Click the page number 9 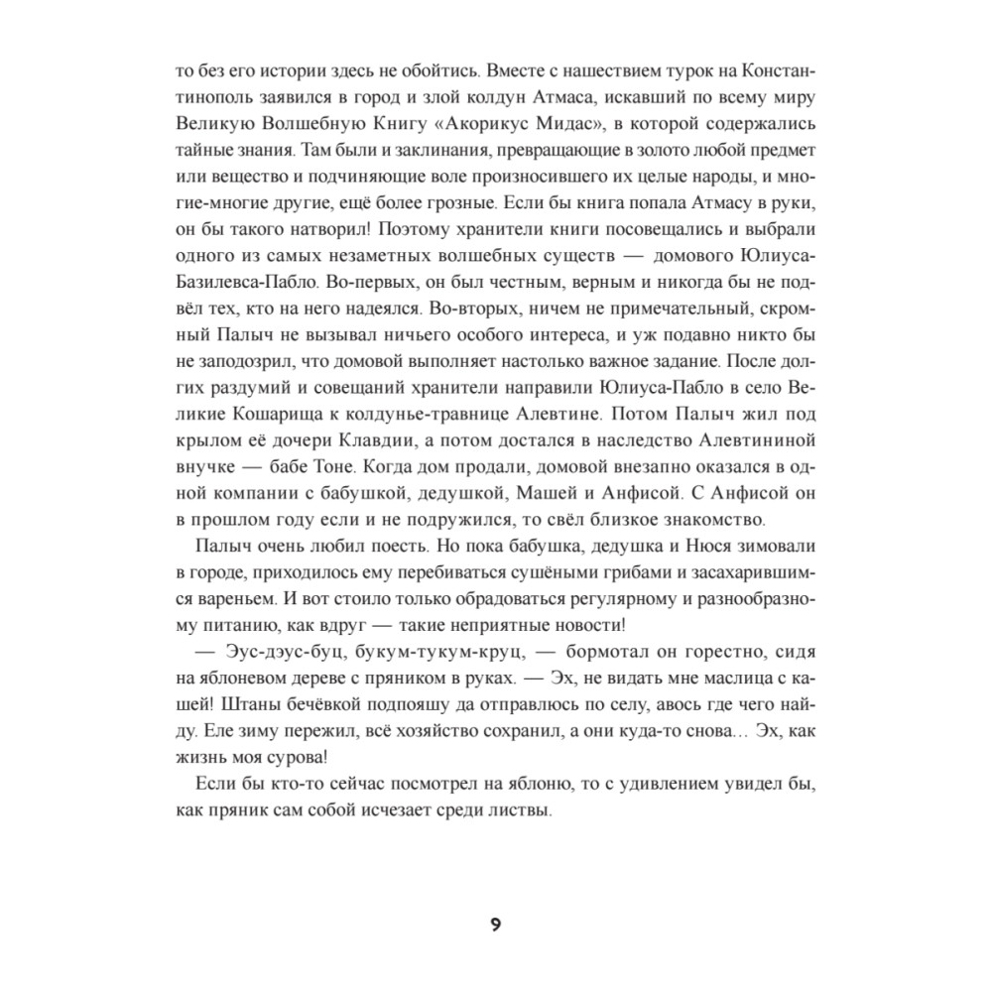click(x=495, y=926)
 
